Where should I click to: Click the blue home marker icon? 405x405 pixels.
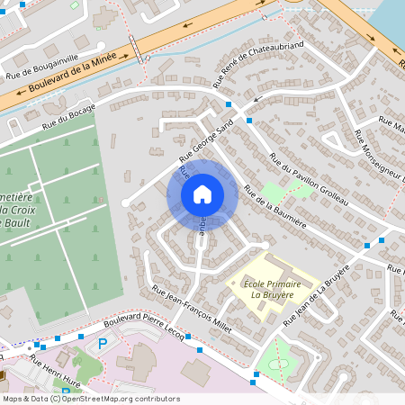click(202, 193)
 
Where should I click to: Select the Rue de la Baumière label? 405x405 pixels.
click(274, 206)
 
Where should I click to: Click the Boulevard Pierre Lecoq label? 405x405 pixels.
click(144, 328)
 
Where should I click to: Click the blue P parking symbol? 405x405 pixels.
click(102, 343)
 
